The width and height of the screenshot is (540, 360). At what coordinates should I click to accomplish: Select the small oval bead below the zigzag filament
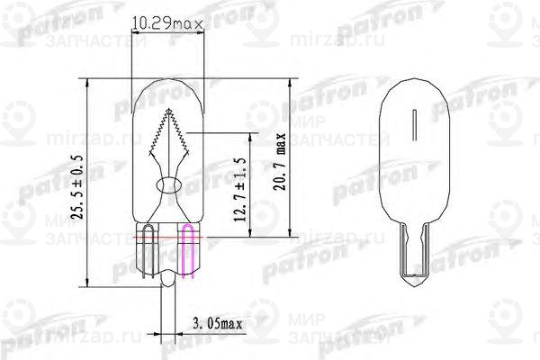point(168,185)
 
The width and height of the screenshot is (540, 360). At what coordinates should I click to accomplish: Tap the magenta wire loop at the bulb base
point(190,248)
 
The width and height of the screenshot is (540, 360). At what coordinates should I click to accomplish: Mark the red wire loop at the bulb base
point(146,247)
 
